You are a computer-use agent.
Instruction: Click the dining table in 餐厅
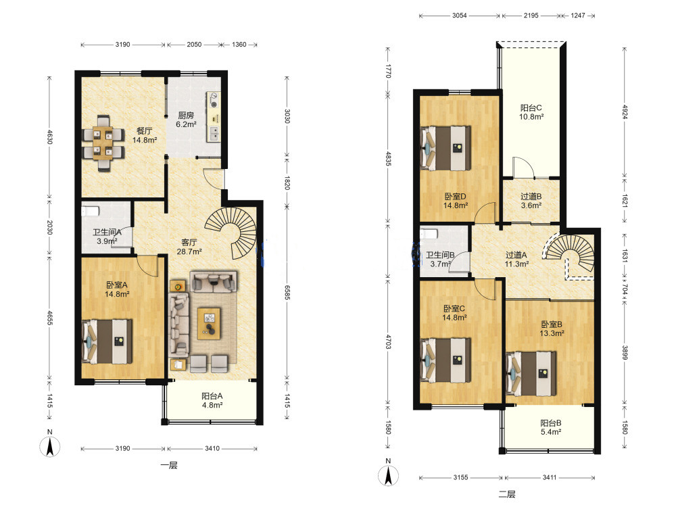pos(103,143)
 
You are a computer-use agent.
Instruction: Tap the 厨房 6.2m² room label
pos(186,120)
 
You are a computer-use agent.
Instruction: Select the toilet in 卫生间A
pos(91,211)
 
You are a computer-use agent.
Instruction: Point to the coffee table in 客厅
pos(209,323)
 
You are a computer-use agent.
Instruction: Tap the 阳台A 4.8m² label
pos(212,400)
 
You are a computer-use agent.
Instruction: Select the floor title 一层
pos(168,465)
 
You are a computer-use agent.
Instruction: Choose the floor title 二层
pos(507,494)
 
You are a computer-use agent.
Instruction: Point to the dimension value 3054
pos(459,16)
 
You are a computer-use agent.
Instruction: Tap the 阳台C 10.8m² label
pos(531,112)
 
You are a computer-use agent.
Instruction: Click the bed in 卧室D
pos(445,148)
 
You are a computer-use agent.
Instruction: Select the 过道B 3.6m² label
pos(531,201)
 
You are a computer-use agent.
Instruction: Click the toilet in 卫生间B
pos(429,234)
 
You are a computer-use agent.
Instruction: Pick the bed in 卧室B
pos(531,374)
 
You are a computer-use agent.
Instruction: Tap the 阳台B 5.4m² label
pos(551,427)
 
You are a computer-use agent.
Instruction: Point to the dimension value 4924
pos(625,112)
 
